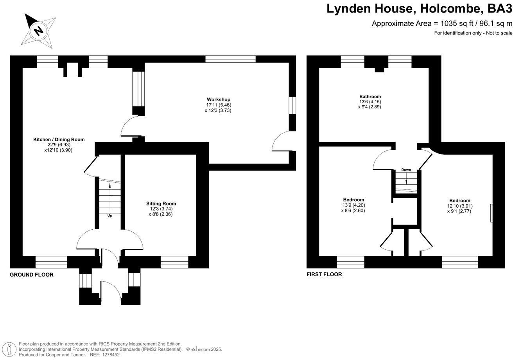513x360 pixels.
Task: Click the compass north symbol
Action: pyautogui.click(x=38, y=30)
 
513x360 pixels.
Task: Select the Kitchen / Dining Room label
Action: pyautogui.click(x=59, y=140)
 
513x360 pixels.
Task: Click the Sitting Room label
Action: pyautogui.click(x=161, y=203)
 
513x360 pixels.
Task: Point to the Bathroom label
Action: pyautogui.click(x=370, y=97)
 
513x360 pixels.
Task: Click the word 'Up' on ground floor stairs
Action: pyautogui.click(x=109, y=215)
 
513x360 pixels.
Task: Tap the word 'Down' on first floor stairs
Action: pyautogui.click(x=406, y=170)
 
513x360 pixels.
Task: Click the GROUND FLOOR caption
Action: pyautogui.click(x=32, y=275)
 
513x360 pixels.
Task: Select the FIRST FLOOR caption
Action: pyautogui.click(x=324, y=274)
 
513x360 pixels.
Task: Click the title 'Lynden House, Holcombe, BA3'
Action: pyautogui.click(x=419, y=9)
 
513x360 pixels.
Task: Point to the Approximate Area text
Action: pyautogui.click(x=442, y=23)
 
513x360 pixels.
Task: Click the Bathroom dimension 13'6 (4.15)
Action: pyautogui.click(x=370, y=102)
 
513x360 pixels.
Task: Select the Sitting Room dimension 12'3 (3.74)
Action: pyautogui.click(x=161, y=209)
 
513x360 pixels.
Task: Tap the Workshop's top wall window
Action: pyautogui.click(x=230, y=59)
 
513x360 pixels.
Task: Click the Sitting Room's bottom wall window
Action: pyautogui.click(x=174, y=262)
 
